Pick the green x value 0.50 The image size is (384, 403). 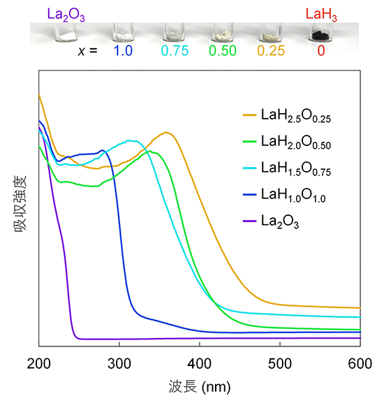(223, 51)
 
